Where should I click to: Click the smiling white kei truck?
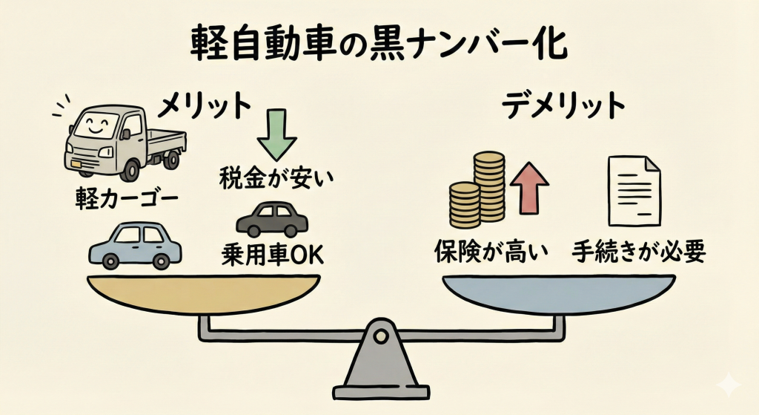point(122,141)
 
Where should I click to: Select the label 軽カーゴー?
point(122,197)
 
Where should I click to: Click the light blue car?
point(134,245)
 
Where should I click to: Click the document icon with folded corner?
point(635,191)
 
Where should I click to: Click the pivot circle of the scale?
point(380,337)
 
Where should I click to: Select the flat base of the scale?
point(381,391)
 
